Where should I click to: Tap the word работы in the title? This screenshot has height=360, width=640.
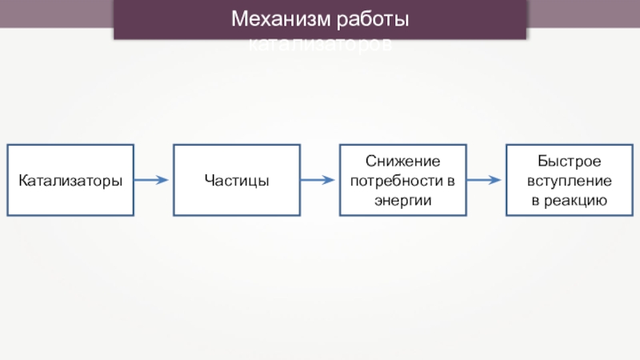click(372, 18)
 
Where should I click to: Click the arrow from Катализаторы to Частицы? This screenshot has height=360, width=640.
click(152, 180)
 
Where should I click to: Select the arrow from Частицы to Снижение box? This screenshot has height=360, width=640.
click(318, 180)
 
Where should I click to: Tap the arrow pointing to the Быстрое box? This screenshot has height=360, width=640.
click(484, 180)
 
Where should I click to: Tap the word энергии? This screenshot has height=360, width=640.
click(402, 199)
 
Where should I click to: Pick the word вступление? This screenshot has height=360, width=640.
click(569, 180)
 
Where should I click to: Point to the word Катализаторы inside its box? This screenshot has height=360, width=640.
click(70, 181)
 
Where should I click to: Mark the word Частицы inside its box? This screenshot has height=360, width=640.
click(237, 181)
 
